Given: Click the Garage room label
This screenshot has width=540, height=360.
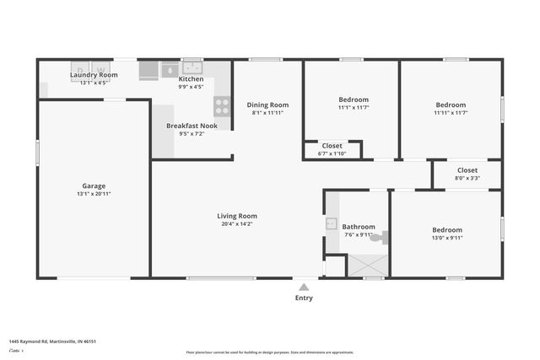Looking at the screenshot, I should pyautogui.click(x=94, y=186).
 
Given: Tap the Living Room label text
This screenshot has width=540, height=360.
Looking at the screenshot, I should pyautogui.click(x=237, y=216).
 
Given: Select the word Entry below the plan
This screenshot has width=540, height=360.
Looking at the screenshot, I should pyautogui.click(x=304, y=298).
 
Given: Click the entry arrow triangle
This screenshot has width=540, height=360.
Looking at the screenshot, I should pyautogui.click(x=304, y=284).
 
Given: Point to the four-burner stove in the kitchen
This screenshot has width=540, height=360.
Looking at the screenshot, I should pyautogui.click(x=222, y=105).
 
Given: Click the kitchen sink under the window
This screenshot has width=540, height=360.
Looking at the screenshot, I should pyautogui.click(x=192, y=68).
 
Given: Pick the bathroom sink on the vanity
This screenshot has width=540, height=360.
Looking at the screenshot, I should pyautogui.click(x=332, y=224).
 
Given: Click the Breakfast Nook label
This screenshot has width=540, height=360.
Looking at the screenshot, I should pyautogui.click(x=192, y=126).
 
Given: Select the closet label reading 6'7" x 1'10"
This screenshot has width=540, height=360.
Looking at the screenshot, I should pyautogui.click(x=331, y=153).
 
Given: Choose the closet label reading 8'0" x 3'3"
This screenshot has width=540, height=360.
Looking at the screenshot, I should pyautogui.click(x=467, y=178).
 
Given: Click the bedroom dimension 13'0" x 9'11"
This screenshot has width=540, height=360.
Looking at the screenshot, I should pyautogui.click(x=447, y=238).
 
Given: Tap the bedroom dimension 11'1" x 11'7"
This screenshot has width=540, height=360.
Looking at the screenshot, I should pyautogui.click(x=354, y=107).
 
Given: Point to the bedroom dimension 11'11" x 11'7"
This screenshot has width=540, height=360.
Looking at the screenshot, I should pyautogui.click(x=451, y=113).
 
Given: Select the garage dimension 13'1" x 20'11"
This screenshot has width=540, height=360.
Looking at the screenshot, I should pyautogui.click(x=94, y=194).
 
